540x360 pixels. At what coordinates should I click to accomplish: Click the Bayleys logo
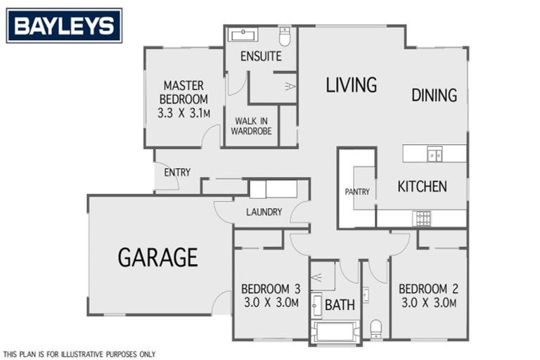point(64,26)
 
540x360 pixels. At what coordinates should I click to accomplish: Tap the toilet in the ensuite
point(285,35)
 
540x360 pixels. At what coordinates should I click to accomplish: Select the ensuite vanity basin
point(243,34)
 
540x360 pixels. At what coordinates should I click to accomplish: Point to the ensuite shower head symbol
point(289,86)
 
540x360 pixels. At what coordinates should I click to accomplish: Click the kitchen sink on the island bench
point(435,153)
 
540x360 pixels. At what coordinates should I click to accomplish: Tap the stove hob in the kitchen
point(423,218)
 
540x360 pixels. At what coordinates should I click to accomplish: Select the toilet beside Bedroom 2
point(376,328)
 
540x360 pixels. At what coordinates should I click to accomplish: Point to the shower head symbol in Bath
point(316,278)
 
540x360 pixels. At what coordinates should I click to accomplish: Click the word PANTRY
point(357,191)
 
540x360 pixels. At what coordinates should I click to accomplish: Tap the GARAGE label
point(157,257)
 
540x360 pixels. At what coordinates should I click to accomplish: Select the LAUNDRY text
point(264,212)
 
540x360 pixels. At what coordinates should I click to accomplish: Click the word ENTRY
point(177,172)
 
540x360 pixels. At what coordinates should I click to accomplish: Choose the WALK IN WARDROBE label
point(253,126)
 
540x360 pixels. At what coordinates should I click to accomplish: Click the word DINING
point(434,95)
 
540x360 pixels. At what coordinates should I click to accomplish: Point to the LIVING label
point(351,85)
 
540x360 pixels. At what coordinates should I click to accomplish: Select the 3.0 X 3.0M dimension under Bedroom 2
point(428,303)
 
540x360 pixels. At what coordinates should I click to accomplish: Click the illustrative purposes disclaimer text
point(79,354)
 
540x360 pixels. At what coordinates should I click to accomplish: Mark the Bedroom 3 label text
point(271,288)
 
